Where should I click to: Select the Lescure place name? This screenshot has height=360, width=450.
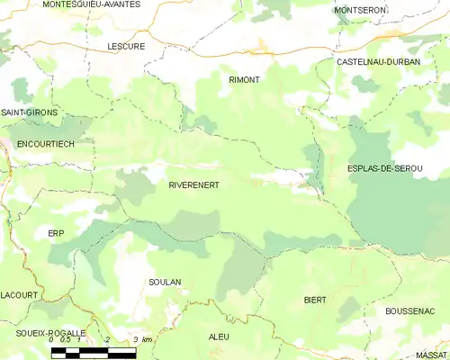pyautogui.click(x=125, y=46)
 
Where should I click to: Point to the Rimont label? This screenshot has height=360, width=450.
pyautogui.click(x=244, y=80)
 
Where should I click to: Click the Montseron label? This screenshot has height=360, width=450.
pyautogui.click(x=359, y=10)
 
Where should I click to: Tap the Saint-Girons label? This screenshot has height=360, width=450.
pyautogui.click(x=29, y=112)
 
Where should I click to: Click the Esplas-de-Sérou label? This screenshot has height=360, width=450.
pyautogui.click(x=384, y=168)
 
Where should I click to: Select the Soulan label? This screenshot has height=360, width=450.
pyautogui.click(x=165, y=282)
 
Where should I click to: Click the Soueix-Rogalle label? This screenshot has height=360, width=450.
pyautogui.click(x=44, y=333)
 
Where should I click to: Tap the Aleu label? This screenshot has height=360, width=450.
pyautogui.click(x=219, y=337)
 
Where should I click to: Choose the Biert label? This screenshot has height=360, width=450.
pyautogui.click(x=315, y=299)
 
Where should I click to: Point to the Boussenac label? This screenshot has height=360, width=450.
pyautogui.click(x=409, y=311)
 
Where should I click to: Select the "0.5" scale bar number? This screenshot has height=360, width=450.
pyautogui.click(x=65, y=339)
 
